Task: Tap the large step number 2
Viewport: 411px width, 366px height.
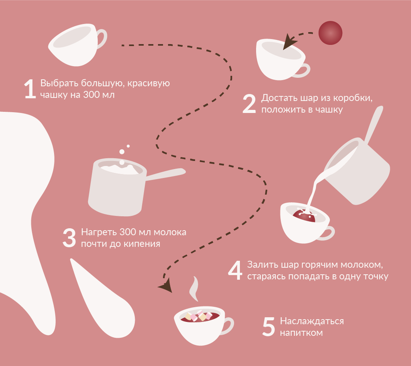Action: pos(249,104)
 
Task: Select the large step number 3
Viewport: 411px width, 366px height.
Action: pos(69,238)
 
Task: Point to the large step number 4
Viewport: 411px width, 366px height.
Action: pos(235,270)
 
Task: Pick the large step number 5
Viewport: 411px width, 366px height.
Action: pos(268,327)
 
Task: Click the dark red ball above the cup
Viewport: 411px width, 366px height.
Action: pos(330,33)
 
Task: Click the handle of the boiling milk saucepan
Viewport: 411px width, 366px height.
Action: pos(165,174)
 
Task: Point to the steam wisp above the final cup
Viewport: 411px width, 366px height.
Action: pos(194,289)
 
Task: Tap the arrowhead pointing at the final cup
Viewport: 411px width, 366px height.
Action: pos(166,286)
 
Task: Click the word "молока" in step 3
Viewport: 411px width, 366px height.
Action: pos(170,232)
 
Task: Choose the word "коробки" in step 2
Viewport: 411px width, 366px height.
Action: pos(353,98)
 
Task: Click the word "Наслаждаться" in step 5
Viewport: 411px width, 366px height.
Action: pos(312,321)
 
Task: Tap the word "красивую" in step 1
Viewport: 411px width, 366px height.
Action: pos(149,84)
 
